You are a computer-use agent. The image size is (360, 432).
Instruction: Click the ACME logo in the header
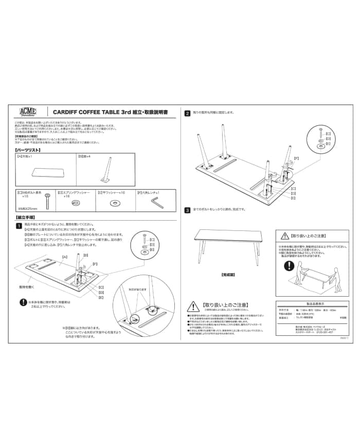(x=27, y=112)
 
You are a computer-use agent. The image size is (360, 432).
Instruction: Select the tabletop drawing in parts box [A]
(x=45, y=172)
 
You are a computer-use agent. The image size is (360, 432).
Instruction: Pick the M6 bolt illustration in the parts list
(x=47, y=201)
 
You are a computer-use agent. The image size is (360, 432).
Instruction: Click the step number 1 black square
(x=19, y=225)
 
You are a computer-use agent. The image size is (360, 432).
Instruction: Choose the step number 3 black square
(x=188, y=210)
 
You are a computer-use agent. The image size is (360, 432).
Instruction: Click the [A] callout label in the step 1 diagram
(x=65, y=256)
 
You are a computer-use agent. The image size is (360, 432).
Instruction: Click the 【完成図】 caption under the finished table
(x=228, y=275)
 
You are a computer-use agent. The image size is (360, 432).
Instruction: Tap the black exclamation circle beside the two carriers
(x=290, y=267)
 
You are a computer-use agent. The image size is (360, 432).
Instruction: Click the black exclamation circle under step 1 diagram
(x=23, y=303)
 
